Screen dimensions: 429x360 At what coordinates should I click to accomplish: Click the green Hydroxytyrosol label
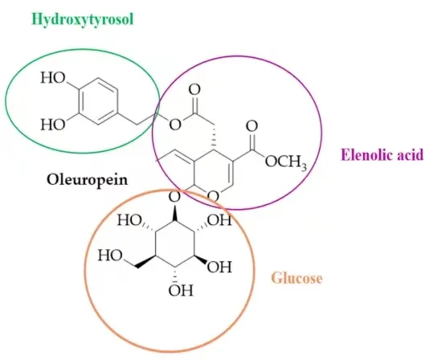click(x=83, y=20)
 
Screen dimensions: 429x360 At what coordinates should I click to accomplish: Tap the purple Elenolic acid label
click(x=382, y=155)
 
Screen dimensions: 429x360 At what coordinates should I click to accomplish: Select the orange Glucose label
click(x=296, y=279)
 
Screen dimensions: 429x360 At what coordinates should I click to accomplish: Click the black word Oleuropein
click(x=88, y=181)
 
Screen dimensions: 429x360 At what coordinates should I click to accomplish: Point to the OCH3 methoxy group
click(x=286, y=162)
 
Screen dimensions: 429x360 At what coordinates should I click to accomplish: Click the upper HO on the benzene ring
click(x=53, y=78)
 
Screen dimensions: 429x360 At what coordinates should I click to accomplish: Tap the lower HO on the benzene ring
click(x=53, y=125)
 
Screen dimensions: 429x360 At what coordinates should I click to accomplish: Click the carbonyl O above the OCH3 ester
click(x=251, y=126)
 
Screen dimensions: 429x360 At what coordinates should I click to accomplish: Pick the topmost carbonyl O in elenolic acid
click(x=194, y=89)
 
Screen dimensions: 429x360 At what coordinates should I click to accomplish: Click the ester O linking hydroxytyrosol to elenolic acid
click(x=175, y=125)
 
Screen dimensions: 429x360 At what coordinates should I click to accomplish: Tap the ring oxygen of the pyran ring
click(x=213, y=196)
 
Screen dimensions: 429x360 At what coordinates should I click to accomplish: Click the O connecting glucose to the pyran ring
click(x=175, y=197)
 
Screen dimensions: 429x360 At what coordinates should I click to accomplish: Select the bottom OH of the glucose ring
click(x=181, y=290)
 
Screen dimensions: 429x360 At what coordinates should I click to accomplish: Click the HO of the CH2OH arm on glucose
click(x=110, y=256)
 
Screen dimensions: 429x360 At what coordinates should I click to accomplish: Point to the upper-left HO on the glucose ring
click(x=129, y=220)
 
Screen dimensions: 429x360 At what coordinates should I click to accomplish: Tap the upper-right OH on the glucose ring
click(x=219, y=220)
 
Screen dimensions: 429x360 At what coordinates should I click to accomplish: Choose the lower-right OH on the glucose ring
click(x=219, y=267)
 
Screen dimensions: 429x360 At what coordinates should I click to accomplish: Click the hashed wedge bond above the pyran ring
click(x=213, y=138)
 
